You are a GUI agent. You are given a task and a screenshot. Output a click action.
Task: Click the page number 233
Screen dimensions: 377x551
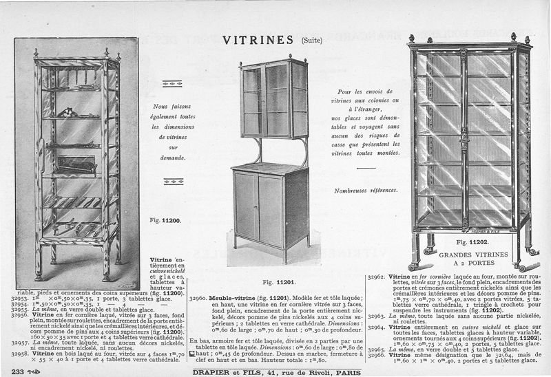pyautogui.click(x=13, y=371)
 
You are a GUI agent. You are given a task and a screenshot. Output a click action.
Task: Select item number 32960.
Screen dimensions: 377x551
pyautogui.click(x=199, y=300)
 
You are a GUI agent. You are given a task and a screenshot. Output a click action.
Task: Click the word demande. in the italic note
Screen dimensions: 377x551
pyautogui.click(x=164, y=158)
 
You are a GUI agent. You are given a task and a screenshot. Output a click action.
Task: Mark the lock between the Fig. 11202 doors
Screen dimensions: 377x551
pyautogui.click(x=464, y=144)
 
